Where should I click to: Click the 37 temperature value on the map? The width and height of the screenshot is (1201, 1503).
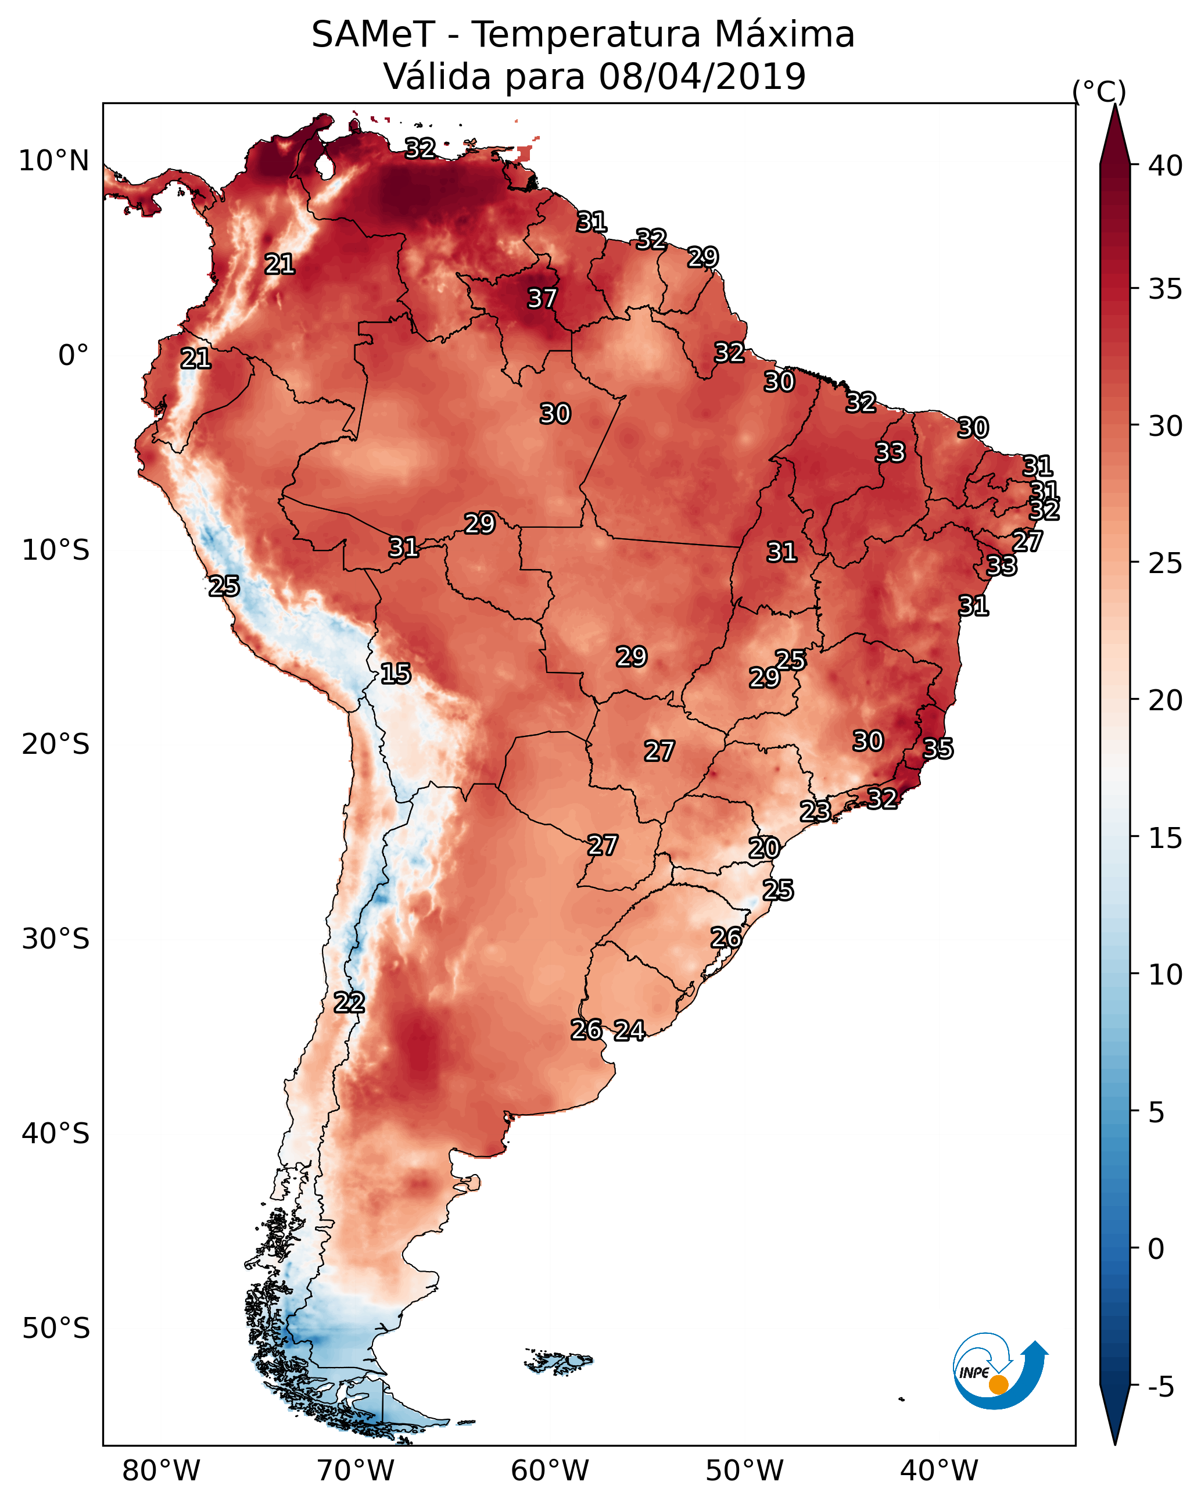pyautogui.click(x=542, y=298)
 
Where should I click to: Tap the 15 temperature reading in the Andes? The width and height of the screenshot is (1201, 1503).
pyautogui.click(x=395, y=674)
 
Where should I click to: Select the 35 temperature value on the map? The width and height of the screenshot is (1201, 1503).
pyautogui.click(x=938, y=749)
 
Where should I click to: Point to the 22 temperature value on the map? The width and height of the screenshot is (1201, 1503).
pyautogui.click(x=349, y=1003)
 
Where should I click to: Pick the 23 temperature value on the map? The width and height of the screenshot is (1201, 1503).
pyautogui.click(x=815, y=811)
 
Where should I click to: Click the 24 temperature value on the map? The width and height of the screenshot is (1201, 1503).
pyautogui.click(x=629, y=1030)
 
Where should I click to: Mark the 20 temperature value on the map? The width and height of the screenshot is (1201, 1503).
pyautogui.click(x=764, y=848)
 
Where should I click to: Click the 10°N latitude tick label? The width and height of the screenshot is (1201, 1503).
pyautogui.click(x=53, y=161)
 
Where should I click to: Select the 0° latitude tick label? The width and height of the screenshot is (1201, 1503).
pyautogui.click(x=74, y=356)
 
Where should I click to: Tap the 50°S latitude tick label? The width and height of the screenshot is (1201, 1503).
pyautogui.click(x=56, y=1328)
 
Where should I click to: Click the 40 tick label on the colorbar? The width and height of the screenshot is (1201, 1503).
pyautogui.click(x=1166, y=166)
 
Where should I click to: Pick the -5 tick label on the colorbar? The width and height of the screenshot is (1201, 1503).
pyautogui.click(x=1161, y=1387)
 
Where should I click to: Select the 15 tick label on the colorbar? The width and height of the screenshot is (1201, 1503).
pyautogui.click(x=1166, y=838)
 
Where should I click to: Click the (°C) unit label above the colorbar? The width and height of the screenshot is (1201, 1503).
pyautogui.click(x=1099, y=91)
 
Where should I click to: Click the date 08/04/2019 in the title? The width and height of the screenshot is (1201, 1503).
pyautogui.click(x=702, y=76)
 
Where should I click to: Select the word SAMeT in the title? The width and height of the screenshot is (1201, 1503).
pyautogui.click(x=373, y=34)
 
